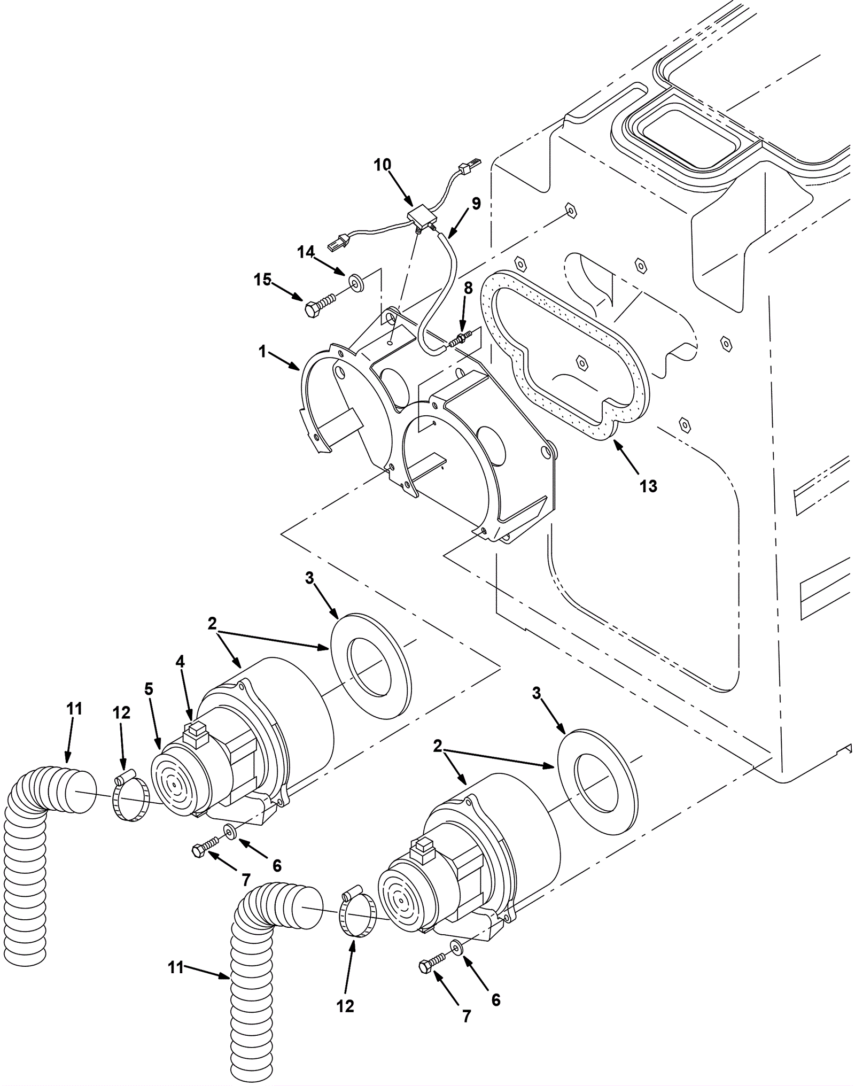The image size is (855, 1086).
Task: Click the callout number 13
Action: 648,486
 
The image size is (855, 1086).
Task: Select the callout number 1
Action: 262,351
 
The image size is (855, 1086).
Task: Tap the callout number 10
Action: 382,165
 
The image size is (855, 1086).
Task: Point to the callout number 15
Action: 263,280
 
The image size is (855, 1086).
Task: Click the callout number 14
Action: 306,252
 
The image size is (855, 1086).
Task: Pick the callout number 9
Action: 476,203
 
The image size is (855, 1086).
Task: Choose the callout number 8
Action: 468,288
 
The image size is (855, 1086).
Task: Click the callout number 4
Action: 180,662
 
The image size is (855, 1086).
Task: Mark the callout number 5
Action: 148,689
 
